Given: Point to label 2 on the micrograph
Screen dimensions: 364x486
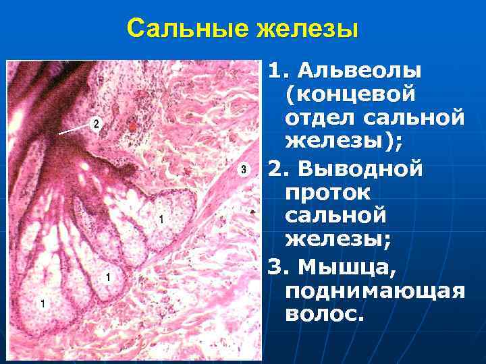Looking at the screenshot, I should (x=97, y=124).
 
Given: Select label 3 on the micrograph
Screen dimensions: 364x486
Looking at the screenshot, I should (x=243, y=170).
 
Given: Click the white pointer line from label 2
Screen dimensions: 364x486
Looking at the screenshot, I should (x=73, y=129).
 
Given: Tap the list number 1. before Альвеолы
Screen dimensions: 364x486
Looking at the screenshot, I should (x=277, y=69).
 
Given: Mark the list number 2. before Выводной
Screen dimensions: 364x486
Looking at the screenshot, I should (x=277, y=166).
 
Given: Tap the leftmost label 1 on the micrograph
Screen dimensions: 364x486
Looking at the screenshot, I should (x=43, y=304).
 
